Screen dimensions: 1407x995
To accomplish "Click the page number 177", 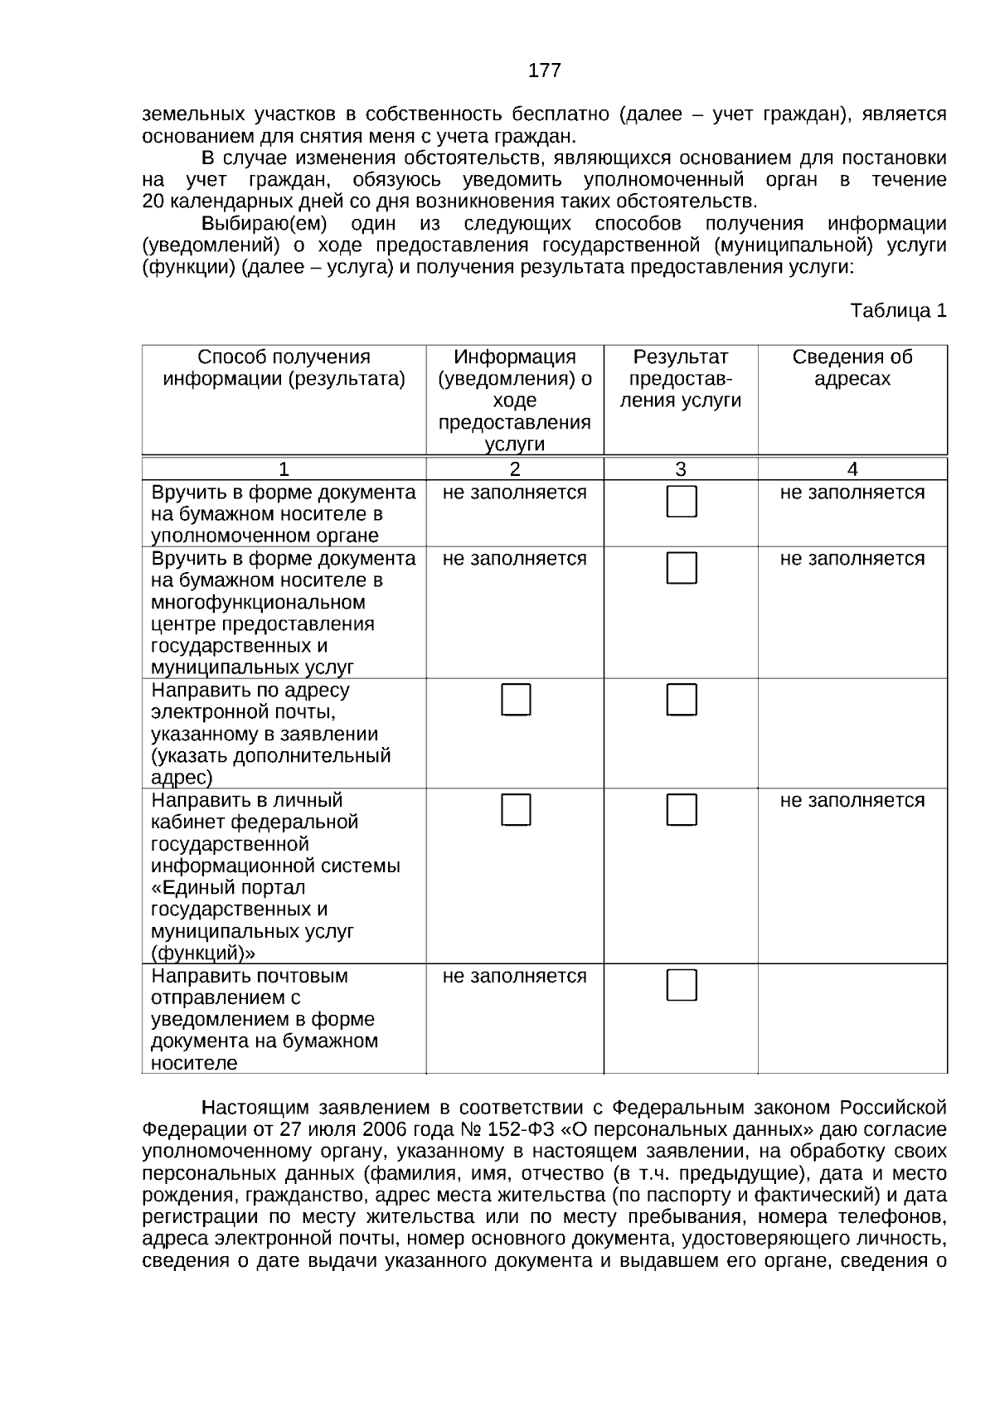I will click(x=544, y=70).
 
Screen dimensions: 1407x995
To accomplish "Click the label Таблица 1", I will click(x=898, y=311).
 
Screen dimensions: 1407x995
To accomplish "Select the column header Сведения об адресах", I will click(x=852, y=368).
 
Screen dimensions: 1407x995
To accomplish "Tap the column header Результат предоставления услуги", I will click(x=680, y=379).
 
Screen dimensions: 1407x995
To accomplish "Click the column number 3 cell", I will click(x=680, y=469).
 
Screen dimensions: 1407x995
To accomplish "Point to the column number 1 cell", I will click(x=284, y=469).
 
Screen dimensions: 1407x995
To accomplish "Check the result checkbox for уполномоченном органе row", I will click(x=682, y=502).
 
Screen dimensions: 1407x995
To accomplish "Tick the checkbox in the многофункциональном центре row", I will click(x=682, y=568).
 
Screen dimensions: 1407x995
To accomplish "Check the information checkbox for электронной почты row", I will click(x=516, y=700).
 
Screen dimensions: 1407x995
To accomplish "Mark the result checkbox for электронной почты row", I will click(x=682, y=700).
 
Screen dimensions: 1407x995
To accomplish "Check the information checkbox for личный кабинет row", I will click(x=516, y=810).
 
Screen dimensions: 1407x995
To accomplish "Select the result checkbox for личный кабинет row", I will click(x=682, y=810).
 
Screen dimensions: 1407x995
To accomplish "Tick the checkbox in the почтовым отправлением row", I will click(x=682, y=985).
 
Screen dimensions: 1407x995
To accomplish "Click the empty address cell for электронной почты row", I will click(x=852, y=733).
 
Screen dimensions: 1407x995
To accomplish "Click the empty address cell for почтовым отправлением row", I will click(x=852, y=1018).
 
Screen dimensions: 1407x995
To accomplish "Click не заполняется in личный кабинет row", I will click(x=852, y=801).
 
